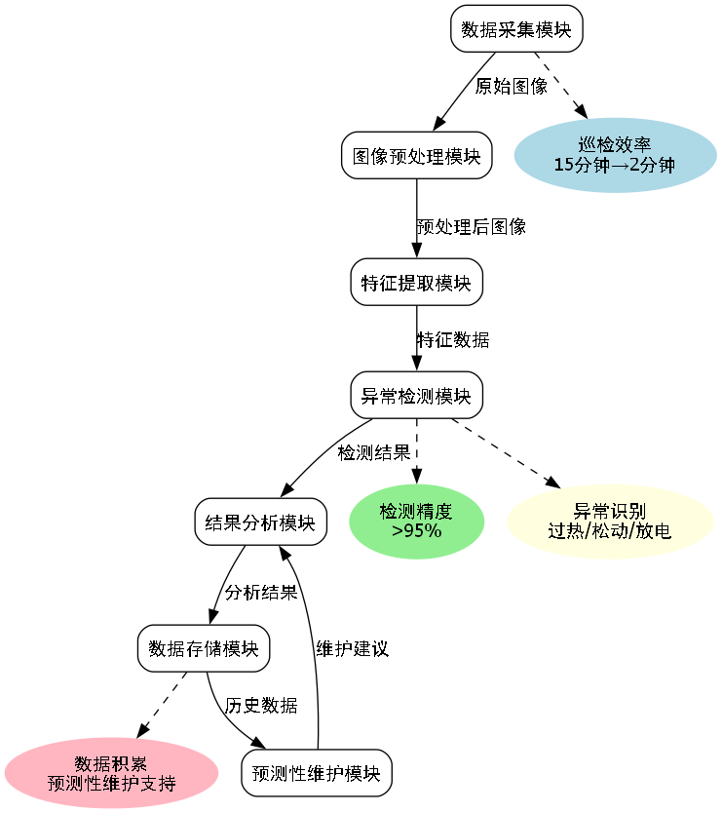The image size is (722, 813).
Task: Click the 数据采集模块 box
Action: click(x=516, y=28)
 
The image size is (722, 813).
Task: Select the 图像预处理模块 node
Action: click(x=416, y=155)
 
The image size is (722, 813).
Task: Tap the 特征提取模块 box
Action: click(x=416, y=283)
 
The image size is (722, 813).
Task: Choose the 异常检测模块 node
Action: click(x=416, y=396)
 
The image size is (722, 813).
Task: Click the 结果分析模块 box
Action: click(x=260, y=523)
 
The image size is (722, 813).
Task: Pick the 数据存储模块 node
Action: click(x=204, y=648)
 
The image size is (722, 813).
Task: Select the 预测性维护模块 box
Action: click(x=317, y=774)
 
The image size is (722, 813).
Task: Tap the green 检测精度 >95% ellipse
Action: click(x=416, y=522)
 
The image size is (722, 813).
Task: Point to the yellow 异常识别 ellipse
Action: click(x=610, y=522)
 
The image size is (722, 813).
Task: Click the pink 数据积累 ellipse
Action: click(x=111, y=774)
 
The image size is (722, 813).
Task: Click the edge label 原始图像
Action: click(x=511, y=86)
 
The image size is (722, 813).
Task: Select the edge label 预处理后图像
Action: click(x=472, y=226)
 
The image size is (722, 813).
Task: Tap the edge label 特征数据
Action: click(x=453, y=339)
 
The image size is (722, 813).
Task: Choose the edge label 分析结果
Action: click(x=260, y=592)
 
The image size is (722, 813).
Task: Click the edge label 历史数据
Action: click(x=261, y=705)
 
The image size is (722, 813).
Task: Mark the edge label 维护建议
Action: click(x=352, y=648)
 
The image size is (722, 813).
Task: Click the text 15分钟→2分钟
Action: click(x=614, y=164)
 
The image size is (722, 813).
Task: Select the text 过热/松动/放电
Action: click(x=610, y=531)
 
